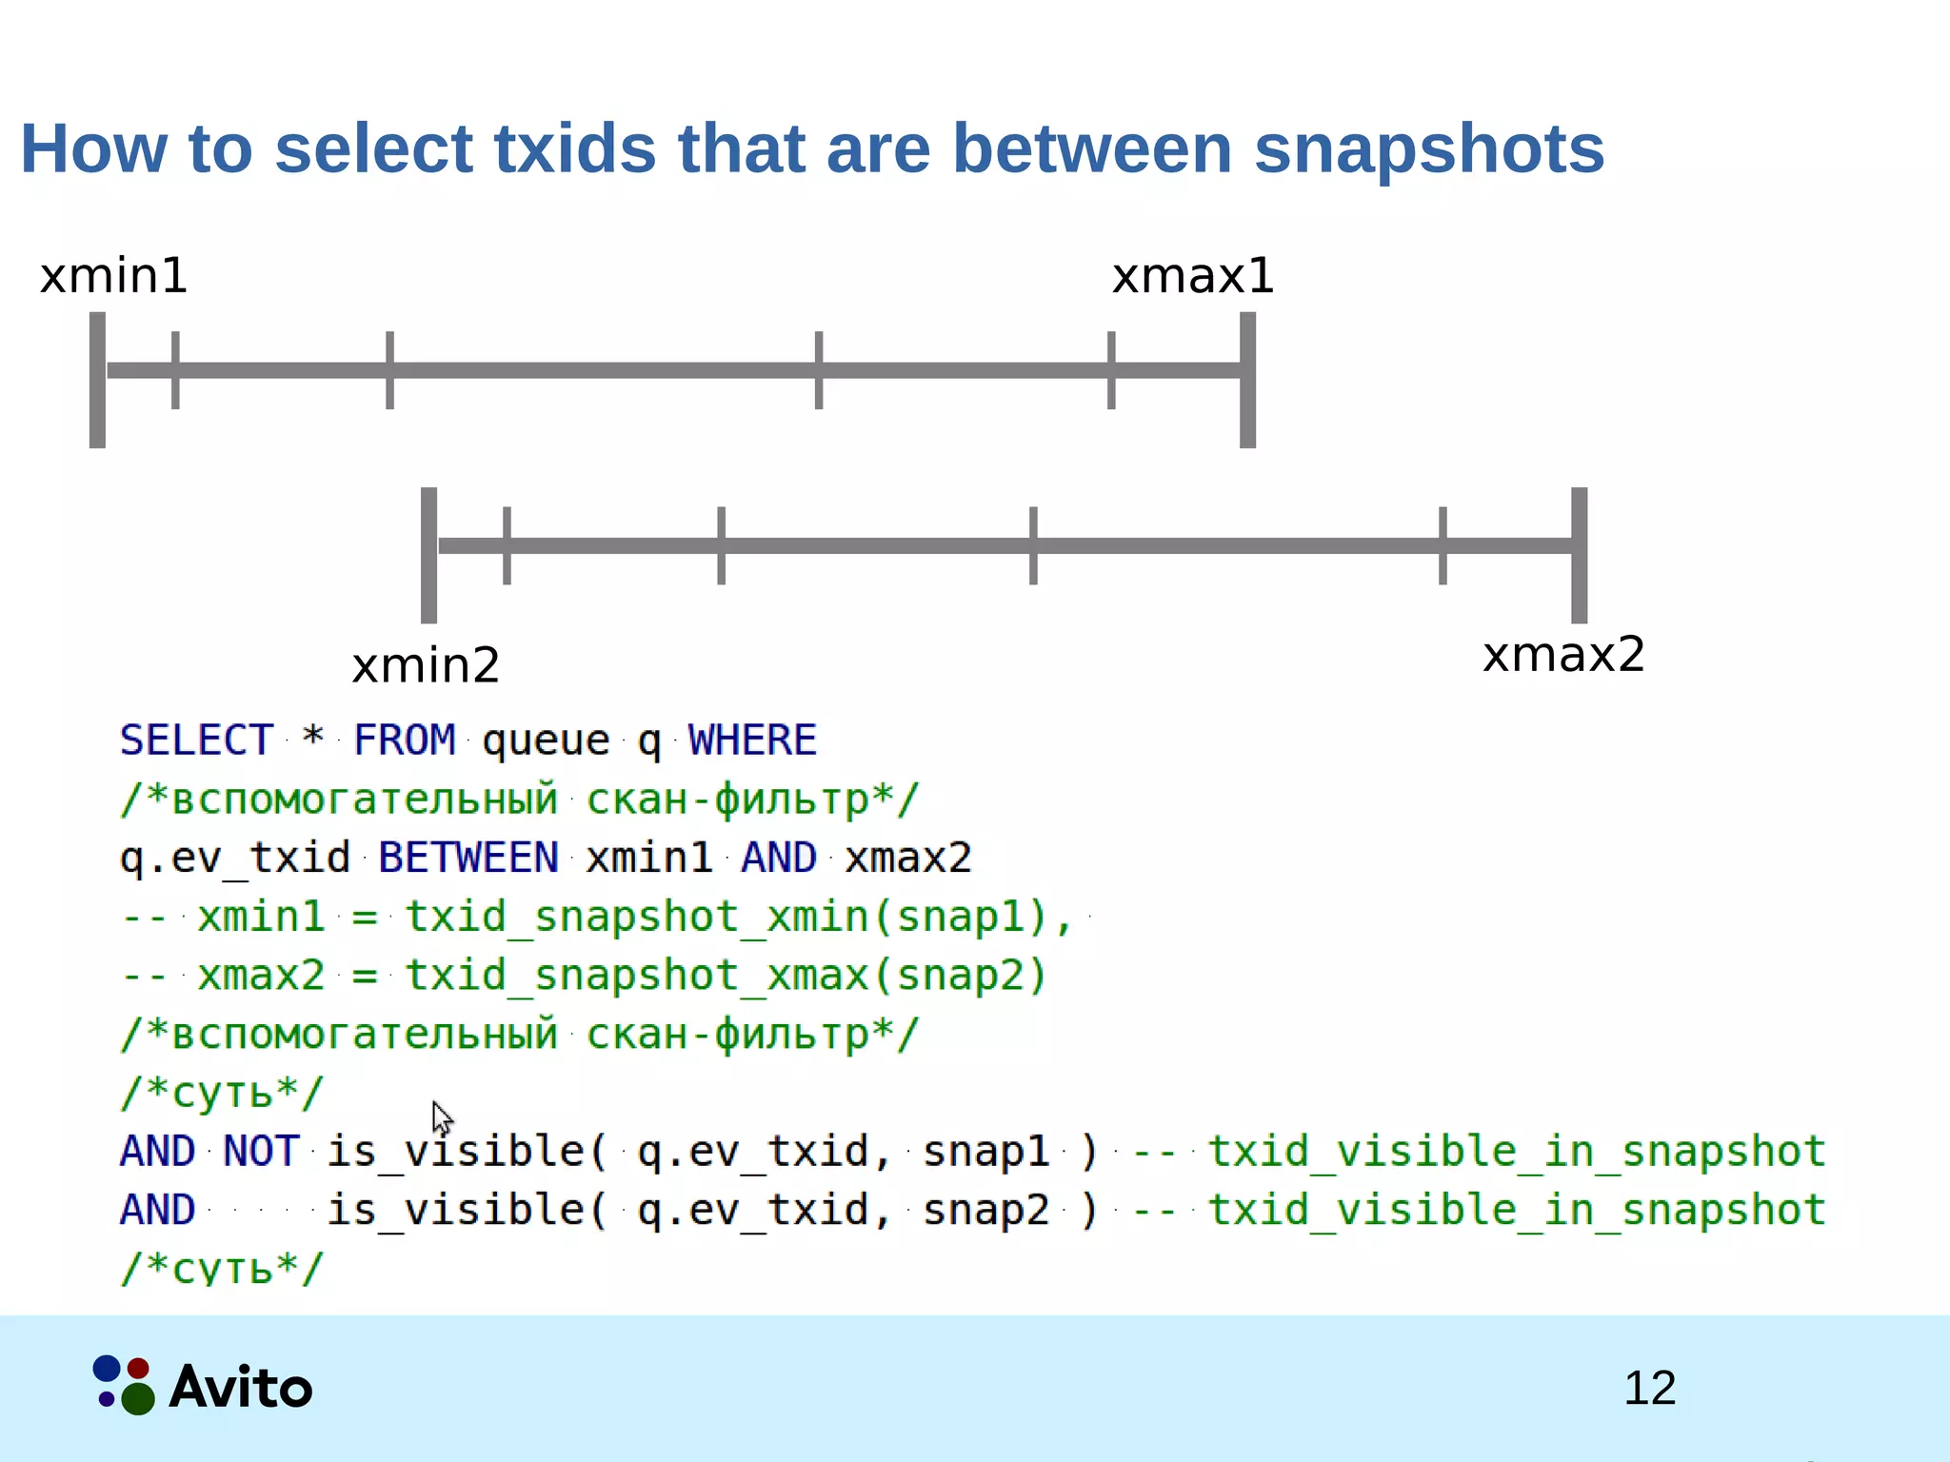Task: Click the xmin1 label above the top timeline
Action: (113, 276)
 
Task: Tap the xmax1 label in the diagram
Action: (1192, 276)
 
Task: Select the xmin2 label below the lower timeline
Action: (426, 665)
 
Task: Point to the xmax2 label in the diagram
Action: (1563, 655)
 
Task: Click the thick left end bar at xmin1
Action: (97, 380)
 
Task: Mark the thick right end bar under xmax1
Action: (1247, 380)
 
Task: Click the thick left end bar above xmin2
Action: (429, 555)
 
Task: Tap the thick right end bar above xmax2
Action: (1579, 555)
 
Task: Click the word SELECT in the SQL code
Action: (196, 741)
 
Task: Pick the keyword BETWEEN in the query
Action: (468, 858)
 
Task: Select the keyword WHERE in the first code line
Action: (752, 741)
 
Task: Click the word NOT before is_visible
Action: (261, 1151)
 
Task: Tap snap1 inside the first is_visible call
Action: (985, 1151)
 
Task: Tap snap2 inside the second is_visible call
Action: (985, 1210)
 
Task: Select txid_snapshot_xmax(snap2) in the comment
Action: (726, 976)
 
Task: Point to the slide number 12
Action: (1649, 1388)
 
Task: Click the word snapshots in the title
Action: (1428, 149)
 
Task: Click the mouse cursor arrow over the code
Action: (442, 1117)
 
